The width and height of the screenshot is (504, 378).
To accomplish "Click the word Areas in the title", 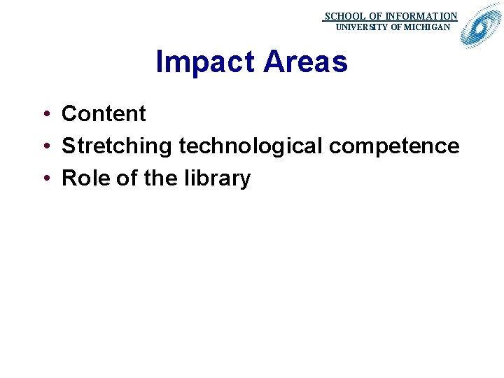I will tap(305, 62).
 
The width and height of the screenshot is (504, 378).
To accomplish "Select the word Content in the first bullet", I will tap(104, 113).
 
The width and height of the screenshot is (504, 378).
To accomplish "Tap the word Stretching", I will tap(117, 146).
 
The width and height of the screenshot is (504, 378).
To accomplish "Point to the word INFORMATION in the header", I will tap(421, 16).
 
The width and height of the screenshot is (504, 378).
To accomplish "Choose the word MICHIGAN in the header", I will tap(427, 27).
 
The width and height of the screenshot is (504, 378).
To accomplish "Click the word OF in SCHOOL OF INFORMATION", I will tap(376, 16).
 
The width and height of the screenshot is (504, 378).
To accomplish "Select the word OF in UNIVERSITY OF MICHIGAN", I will tap(396, 27).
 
